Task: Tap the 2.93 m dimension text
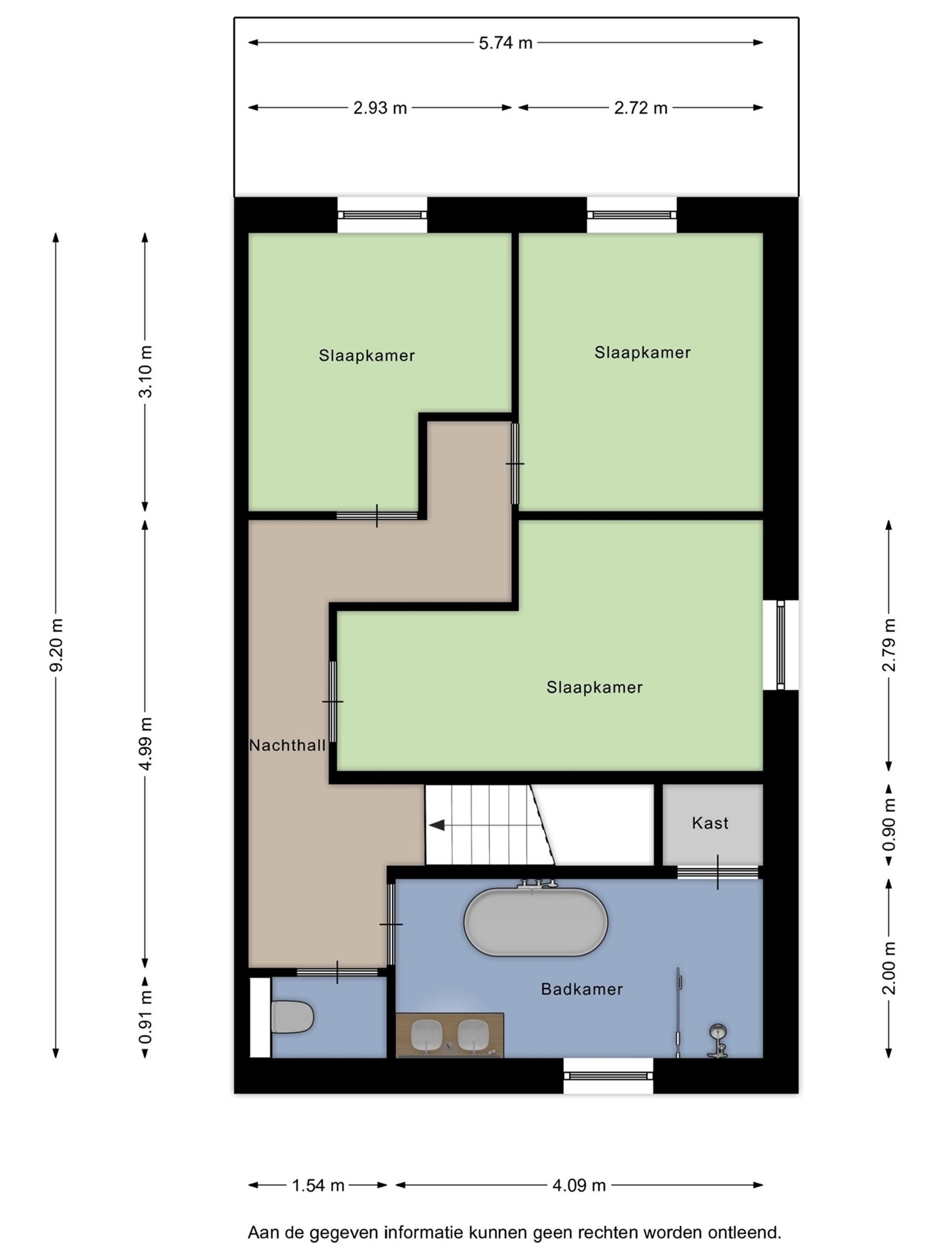(x=379, y=108)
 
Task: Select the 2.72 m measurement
(x=640, y=108)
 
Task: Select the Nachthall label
(x=287, y=746)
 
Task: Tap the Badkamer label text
(x=581, y=989)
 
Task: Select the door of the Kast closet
(x=717, y=872)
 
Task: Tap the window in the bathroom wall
(x=608, y=1076)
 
